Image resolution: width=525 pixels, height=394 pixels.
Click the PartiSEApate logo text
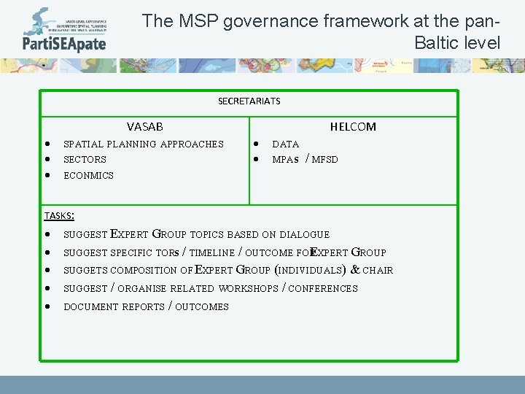pos(64,43)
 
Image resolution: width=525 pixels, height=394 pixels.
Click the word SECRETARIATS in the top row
pos(249,101)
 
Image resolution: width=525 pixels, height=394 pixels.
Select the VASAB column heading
pos(144,127)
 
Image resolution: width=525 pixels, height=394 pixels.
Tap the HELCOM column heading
pos(353,127)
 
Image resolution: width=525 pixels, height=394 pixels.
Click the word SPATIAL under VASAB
pos(84,144)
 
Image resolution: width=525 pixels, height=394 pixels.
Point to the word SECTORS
pos(85,160)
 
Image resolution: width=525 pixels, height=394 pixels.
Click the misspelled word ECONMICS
pos(88,176)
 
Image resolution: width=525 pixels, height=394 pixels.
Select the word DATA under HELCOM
pos(285,144)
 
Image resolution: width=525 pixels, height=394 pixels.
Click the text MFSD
pos(324,160)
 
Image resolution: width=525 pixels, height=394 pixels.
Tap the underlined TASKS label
pos(58,216)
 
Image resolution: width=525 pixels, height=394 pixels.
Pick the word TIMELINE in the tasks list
pos(212,253)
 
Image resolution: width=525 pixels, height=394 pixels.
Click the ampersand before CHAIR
pos(354,270)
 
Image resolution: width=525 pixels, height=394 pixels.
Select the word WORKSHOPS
pos(248,289)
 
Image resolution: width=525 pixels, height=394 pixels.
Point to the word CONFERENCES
pos(323,289)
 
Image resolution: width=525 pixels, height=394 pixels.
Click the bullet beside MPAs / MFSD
pos(256,160)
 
